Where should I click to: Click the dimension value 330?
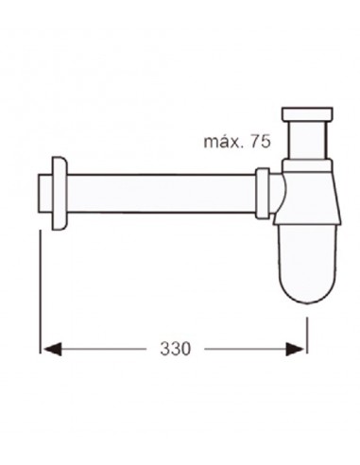pyautogui.click(x=176, y=349)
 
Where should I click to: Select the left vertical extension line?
pyautogui.click(x=40, y=284)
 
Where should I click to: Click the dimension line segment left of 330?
pyautogui.click(x=104, y=349)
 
